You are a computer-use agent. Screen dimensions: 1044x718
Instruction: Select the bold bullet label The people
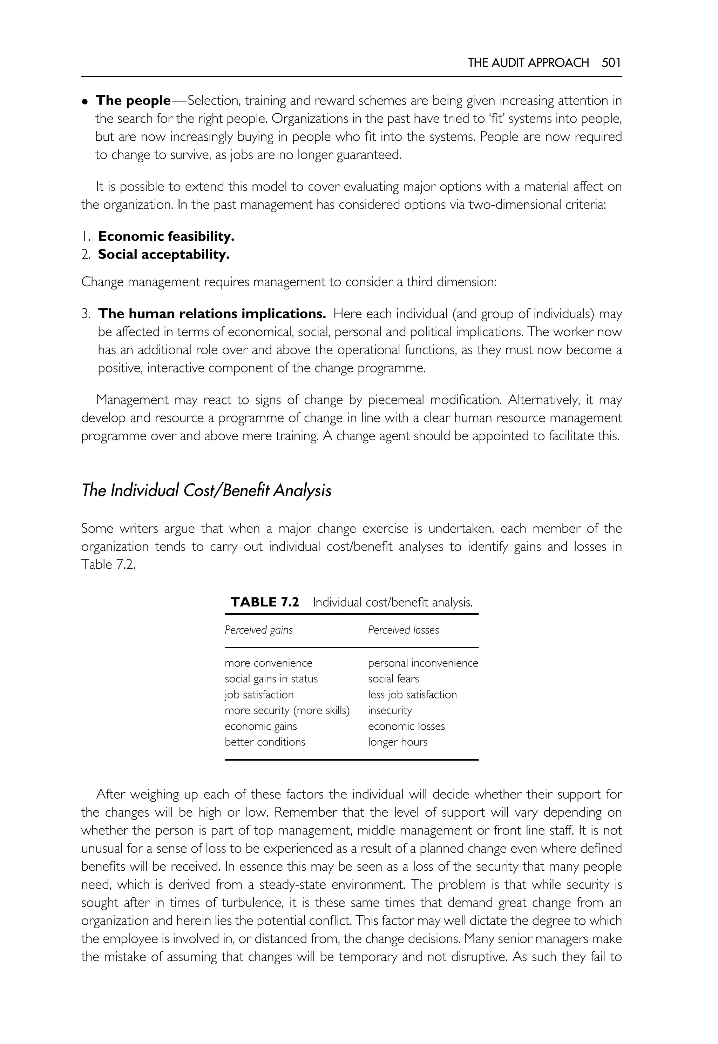pyautogui.click(x=133, y=100)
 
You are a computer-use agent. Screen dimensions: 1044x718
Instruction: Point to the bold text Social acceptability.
pyautogui.click(x=164, y=254)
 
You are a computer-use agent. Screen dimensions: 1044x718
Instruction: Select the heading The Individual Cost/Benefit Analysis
pyautogui.click(x=206, y=490)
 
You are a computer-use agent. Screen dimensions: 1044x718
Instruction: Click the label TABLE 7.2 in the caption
pyautogui.click(x=265, y=602)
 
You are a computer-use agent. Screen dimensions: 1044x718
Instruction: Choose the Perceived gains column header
pyautogui.click(x=259, y=630)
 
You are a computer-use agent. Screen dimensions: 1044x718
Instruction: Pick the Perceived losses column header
pyautogui.click(x=403, y=630)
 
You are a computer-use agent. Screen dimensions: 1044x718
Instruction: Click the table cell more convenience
pyautogui.click(x=268, y=663)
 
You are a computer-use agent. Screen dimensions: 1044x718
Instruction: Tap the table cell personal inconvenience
pyautogui.click(x=423, y=663)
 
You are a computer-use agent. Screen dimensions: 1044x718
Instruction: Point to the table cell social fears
pyautogui.click(x=393, y=678)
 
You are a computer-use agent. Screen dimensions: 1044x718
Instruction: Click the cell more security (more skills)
pyautogui.click(x=287, y=710)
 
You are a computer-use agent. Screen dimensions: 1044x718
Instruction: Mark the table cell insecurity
pyautogui.click(x=390, y=710)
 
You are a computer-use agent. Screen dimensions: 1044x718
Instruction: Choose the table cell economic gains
pyautogui.click(x=260, y=726)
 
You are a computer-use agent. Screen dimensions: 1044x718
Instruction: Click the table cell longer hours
pyautogui.click(x=397, y=742)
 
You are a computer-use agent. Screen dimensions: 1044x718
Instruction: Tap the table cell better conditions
pyautogui.click(x=265, y=742)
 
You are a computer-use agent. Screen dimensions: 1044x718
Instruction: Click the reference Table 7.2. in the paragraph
pyautogui.click(x=108, y=564)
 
